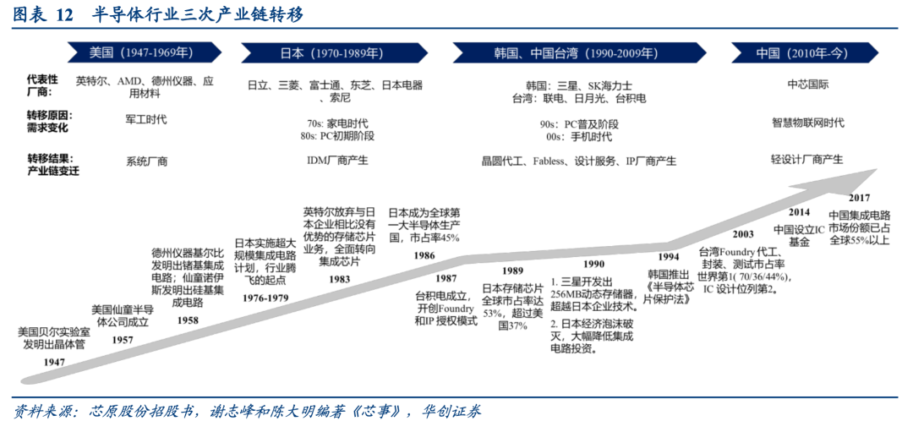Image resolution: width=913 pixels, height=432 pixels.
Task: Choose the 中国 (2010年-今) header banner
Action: click(x=802, y=52)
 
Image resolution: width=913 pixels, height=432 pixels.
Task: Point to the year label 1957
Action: click(x=122, y=339)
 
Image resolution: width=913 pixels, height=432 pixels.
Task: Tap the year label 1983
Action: click(x=340, y=278)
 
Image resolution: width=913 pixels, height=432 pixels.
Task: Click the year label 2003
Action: click(x=743, y=234)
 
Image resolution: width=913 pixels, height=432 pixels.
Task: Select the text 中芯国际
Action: click(x=807, y=85)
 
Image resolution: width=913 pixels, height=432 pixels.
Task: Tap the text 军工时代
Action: click(x=146, y=119)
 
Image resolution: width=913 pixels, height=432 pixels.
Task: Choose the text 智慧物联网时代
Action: click(x=807, y=122)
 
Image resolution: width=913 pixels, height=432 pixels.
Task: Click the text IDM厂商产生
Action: click(x=337, y=159)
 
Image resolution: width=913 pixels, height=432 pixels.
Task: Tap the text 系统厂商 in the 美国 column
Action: click(x=146, y=161)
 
